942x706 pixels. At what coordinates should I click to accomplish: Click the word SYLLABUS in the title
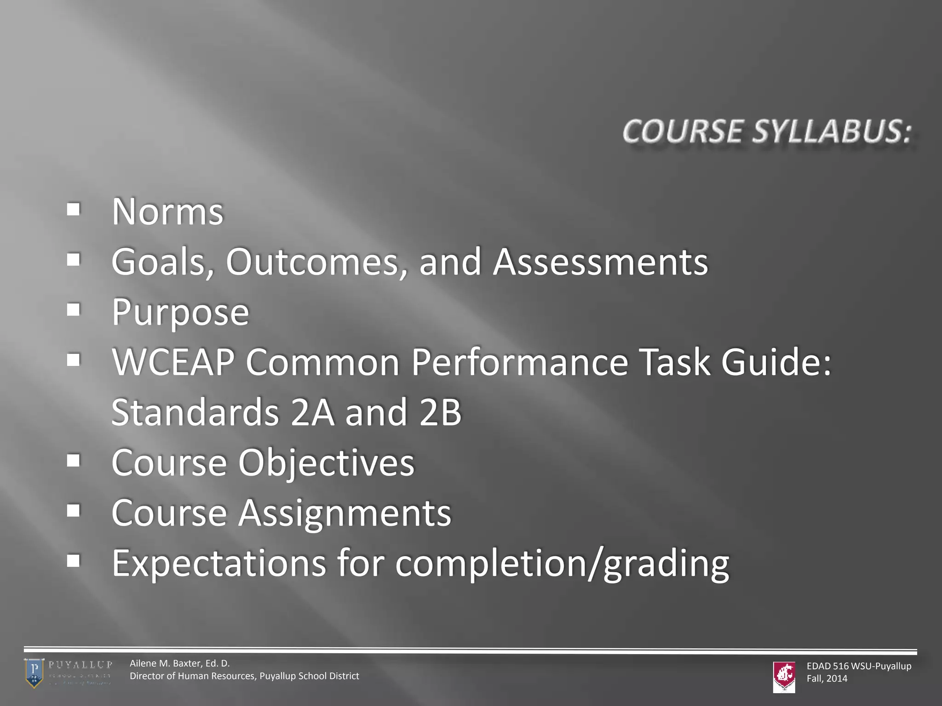click(832, 131)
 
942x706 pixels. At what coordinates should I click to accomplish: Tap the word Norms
click(167, 212)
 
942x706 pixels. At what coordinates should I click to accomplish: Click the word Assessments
click(600, 262)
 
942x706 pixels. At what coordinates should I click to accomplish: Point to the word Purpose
click(180, 313)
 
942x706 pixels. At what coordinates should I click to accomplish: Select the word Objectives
click(326, 462)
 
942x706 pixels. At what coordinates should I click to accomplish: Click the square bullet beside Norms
click(73, 210)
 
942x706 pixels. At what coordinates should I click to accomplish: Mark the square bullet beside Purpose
click(73, 310)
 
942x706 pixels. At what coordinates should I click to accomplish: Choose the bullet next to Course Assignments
click(73, 511)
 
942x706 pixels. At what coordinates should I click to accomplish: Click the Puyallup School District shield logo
click(34, 673)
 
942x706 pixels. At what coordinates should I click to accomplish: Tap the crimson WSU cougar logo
click(784, 676)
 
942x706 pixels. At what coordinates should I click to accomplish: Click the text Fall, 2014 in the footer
click(827, 678)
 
